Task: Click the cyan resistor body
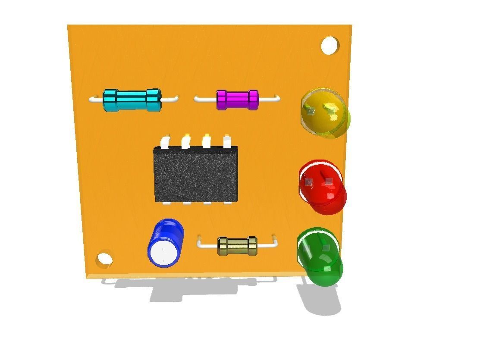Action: [132, 100]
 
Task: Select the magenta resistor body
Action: [237, 100]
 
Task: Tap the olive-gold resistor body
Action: [237, 246]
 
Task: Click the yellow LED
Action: [325, 113]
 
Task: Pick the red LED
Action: [323, 186]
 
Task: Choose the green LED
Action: [320, 257]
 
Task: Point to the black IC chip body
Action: [196, 174]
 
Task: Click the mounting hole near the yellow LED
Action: [329, 45]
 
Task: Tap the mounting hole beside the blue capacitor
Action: [104, 259]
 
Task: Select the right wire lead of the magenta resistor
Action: [270, 99]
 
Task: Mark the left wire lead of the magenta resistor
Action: [205, 100]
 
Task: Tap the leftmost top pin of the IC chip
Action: [165, 142]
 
